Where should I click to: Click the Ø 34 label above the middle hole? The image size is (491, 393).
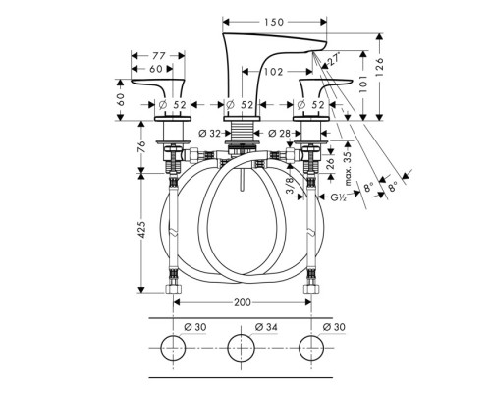[243, 327]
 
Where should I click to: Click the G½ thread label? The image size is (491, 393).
[340, 198]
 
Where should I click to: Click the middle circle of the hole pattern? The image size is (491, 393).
[243, 351]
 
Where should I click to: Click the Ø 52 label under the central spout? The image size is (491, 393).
[243, 105]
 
